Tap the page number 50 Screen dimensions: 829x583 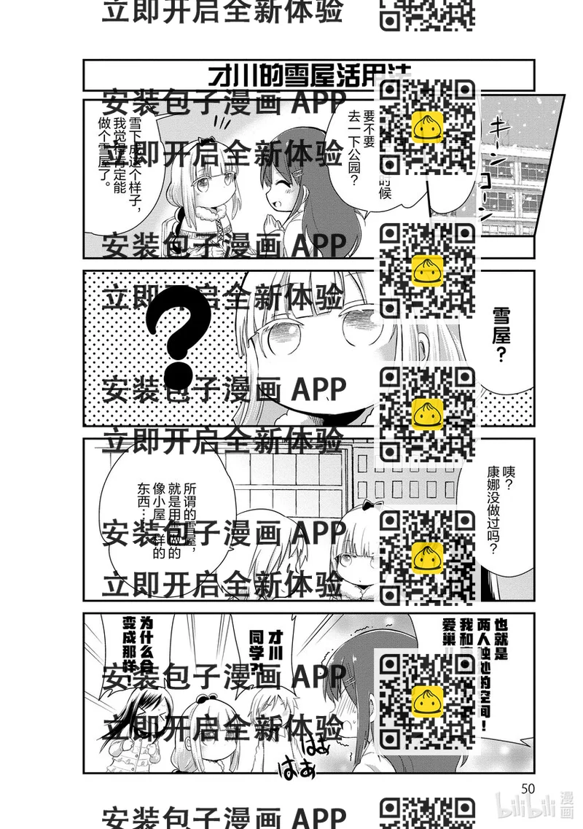(x=528, y=788)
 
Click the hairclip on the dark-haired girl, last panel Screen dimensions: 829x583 (x=353, y=681)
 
